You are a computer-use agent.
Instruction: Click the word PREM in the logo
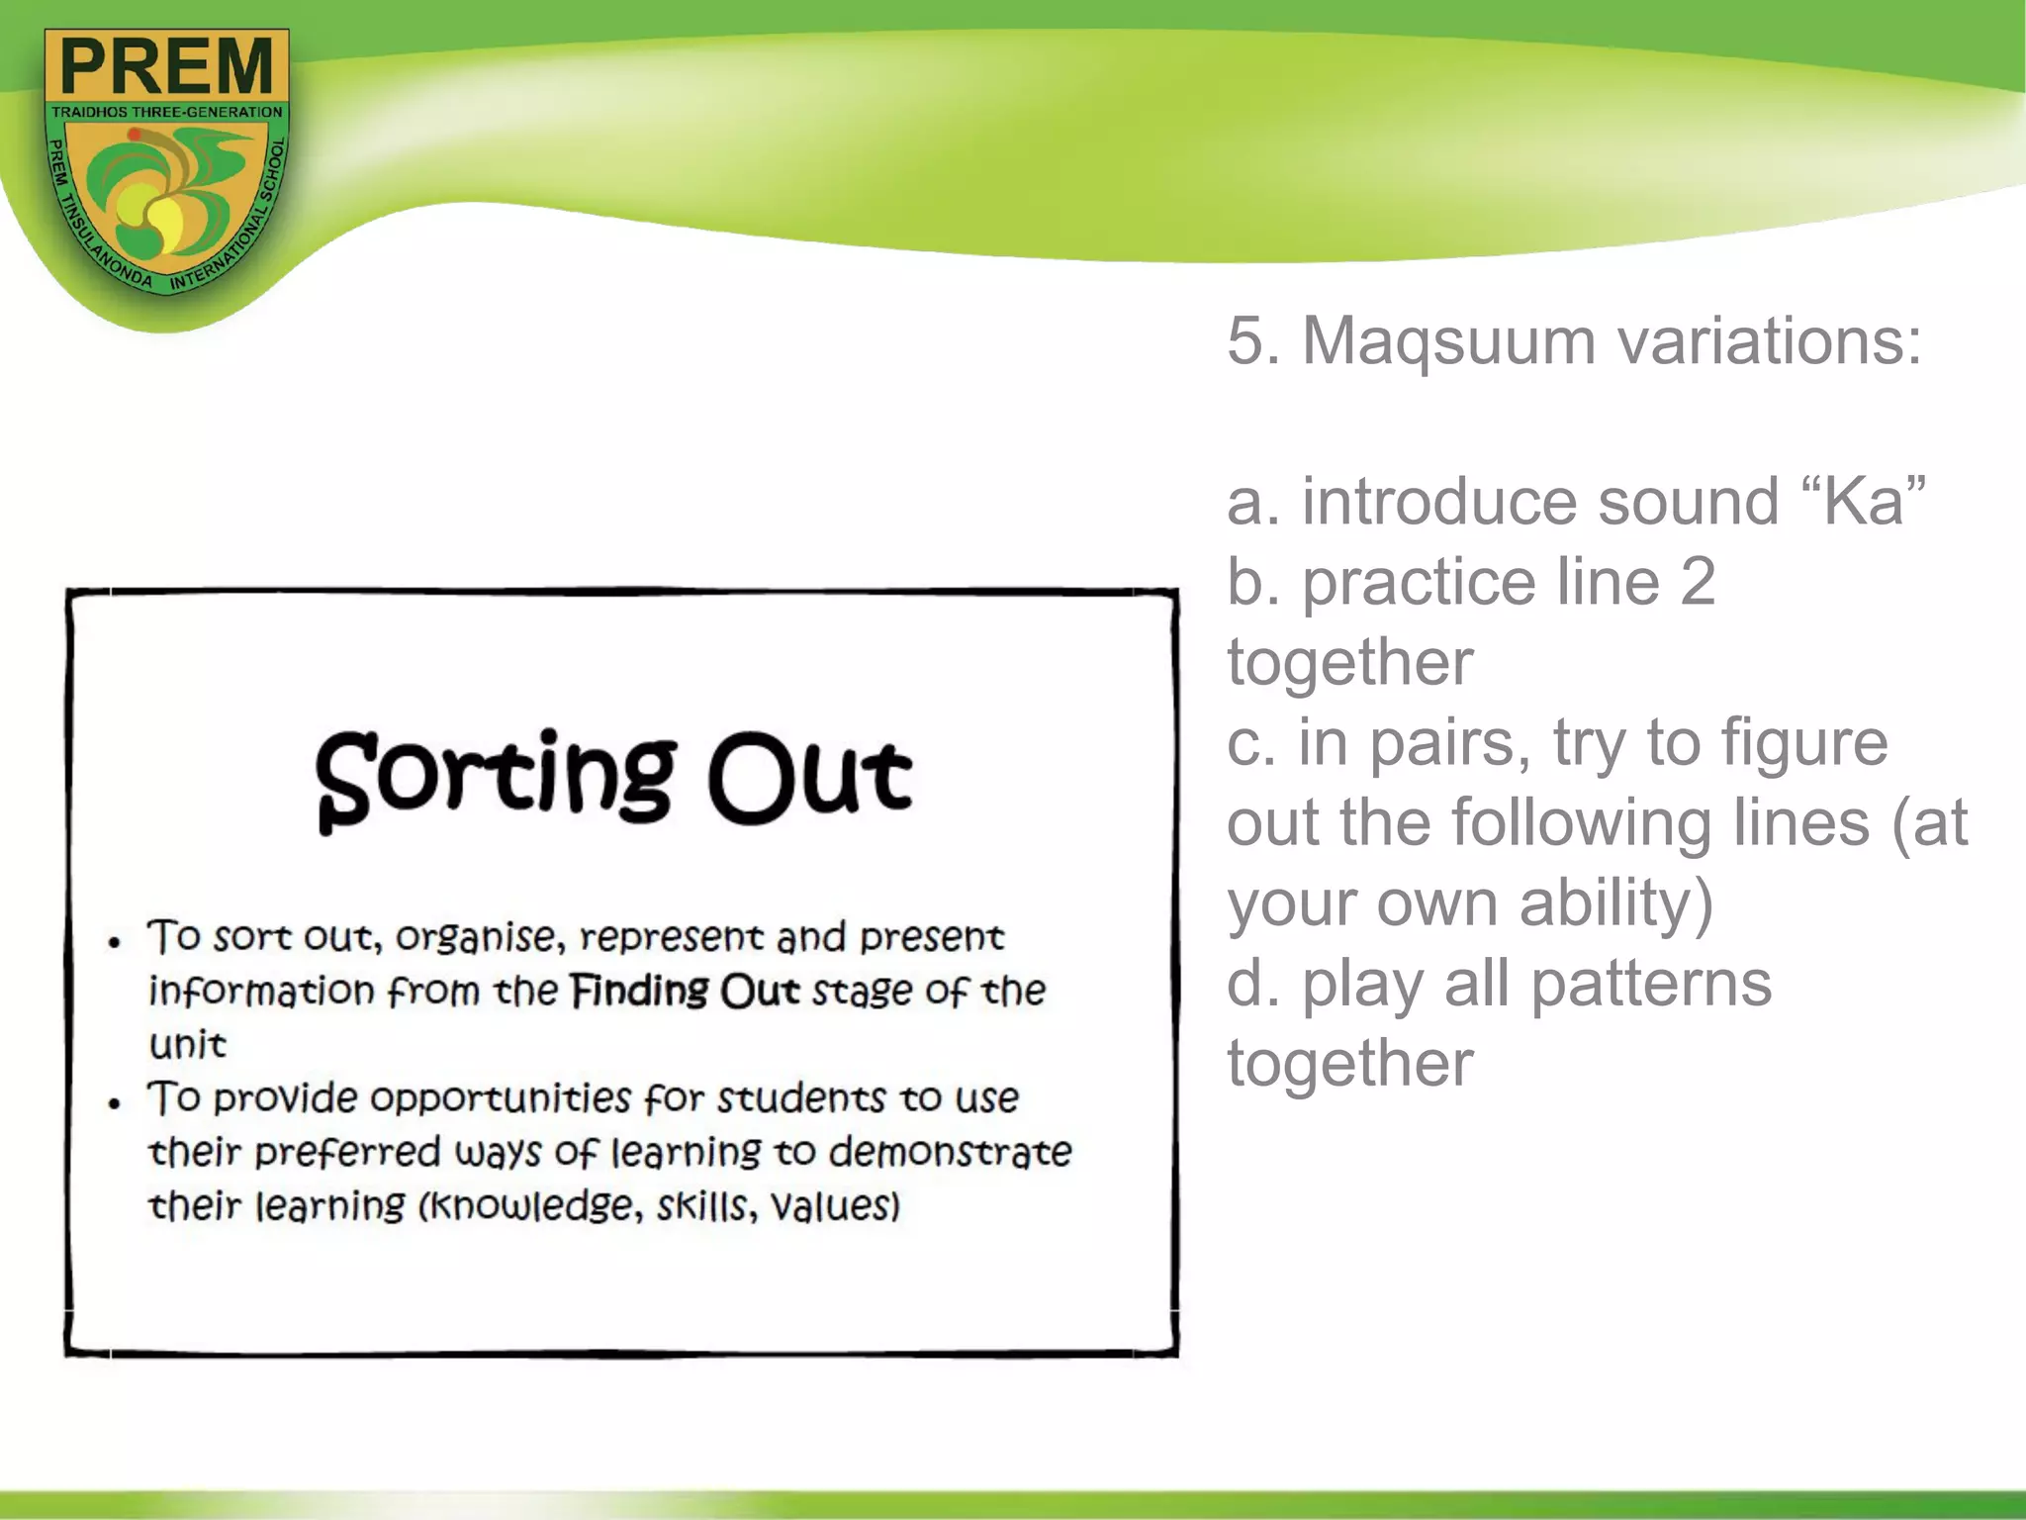167,66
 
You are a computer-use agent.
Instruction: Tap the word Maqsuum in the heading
1448,341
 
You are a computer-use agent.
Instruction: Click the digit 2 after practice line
1698,582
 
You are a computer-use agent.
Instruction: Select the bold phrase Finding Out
685,991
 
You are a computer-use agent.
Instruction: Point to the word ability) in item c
1615,903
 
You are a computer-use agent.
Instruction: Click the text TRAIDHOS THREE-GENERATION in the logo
167,113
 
